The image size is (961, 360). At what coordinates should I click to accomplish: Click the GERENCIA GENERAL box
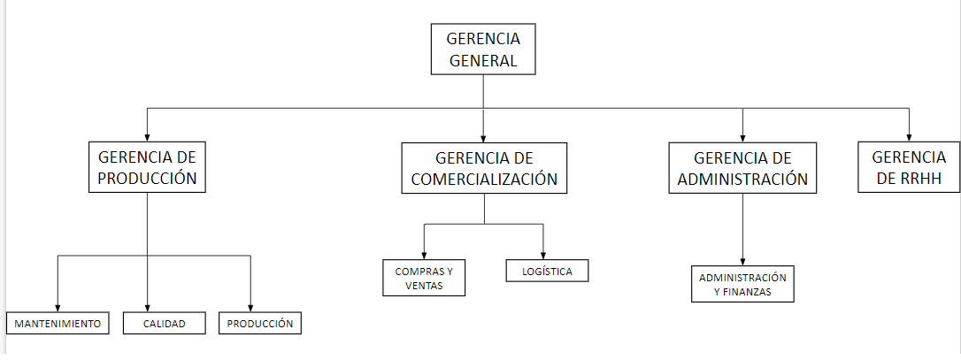click(x=483, y=49)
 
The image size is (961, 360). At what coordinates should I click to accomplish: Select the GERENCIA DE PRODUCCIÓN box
click(x=147, y=167)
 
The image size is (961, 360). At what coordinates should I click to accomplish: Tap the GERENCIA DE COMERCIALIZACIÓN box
click(x=484, y=168)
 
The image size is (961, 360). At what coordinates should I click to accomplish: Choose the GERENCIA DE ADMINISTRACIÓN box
click(x=742, y=168)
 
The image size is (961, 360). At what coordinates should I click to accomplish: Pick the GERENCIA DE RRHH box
click(x=909, y=167)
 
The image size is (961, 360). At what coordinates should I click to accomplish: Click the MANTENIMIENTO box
click(x=58, y=323)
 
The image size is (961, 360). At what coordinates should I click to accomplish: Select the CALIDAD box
click(x=165, y=323)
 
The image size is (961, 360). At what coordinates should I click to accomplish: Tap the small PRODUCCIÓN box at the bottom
click(x=260, y=323)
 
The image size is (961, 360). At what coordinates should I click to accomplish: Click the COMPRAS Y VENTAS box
click(x=424, y=278)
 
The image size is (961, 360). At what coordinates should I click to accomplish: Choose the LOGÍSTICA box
click(x=547, y=271)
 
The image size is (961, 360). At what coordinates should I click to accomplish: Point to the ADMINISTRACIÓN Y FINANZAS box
click(x=742, y=284)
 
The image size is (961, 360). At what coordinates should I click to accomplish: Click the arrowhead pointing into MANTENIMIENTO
click(x=58, y=307)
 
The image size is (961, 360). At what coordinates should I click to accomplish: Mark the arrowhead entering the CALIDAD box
click(x=147, y=307)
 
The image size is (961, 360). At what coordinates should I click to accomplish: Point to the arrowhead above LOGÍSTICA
click(x=543, y=255)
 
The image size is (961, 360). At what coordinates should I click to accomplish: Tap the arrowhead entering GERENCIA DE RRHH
click(x=909, y=137)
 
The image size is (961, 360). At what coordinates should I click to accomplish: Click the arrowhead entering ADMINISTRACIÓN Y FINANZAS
click(x=742, y=261)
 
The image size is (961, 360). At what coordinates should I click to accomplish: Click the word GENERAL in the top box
click(x=483, y=60)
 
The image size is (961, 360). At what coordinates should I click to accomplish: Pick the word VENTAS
click(x=424, y=285)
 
